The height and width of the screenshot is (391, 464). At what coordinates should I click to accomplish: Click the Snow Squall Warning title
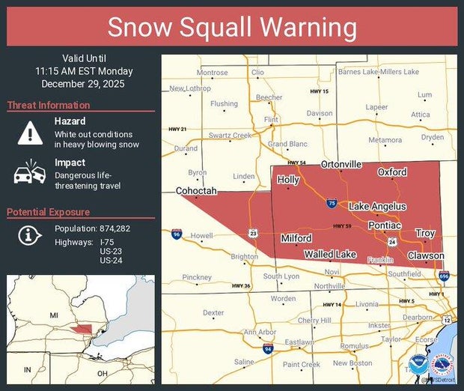click(x=231, y=28)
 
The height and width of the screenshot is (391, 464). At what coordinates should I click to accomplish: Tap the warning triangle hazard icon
click(x=30, y=133)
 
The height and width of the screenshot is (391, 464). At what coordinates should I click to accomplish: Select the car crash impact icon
click(x=30, y=173)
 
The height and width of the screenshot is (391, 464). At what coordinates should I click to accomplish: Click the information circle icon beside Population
click(x=29, y=234)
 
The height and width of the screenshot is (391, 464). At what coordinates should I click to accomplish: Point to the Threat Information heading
click(x=49, y=106)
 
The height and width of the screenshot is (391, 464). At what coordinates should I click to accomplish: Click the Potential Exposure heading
click(x=49, y=213)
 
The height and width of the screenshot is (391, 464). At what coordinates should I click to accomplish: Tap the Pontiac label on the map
click(x=385, y=225)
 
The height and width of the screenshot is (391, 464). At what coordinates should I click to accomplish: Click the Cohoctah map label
click(x=196, y=191)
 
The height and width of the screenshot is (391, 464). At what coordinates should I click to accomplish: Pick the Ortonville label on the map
click(x=341, y=164)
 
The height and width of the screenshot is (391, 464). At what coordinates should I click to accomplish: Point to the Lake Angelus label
click(x=377, y=206)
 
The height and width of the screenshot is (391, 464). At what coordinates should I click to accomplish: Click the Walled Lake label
click(x=329, y=255)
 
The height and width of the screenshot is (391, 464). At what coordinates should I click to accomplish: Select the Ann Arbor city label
click(x=260, y=332)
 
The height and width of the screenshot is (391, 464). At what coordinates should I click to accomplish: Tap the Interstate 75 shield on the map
click(x=332, y=203)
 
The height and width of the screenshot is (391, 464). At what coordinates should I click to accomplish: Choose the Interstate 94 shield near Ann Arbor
click(x=268, y=348)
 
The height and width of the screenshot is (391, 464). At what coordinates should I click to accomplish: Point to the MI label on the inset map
click(x=53, y=315)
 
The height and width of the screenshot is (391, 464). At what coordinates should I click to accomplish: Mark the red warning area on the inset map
click(x=78, y=329)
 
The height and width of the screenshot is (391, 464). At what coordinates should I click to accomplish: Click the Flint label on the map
click(x=271, y=120)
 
